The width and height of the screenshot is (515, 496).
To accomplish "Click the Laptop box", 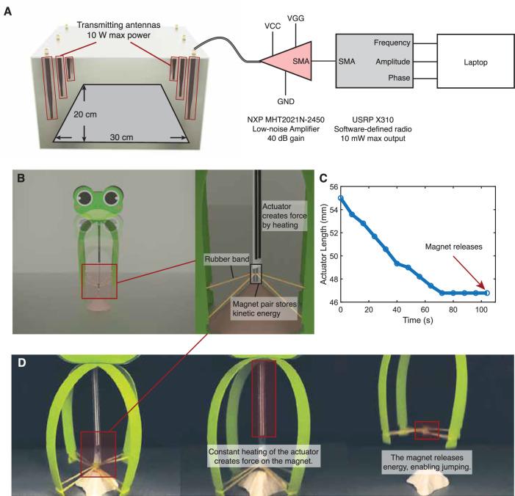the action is [x=471, y=62].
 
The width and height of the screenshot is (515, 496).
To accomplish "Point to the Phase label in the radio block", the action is [x=392, y=79].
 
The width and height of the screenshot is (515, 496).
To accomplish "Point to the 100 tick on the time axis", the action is [x=484, y=315].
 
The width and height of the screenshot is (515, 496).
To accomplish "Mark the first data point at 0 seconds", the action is [x=341, y=198].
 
